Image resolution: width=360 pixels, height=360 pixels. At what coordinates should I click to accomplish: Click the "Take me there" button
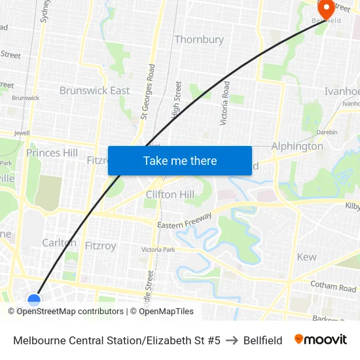tap(180, 160)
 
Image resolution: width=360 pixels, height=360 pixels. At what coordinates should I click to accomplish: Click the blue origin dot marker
tap(34, 300)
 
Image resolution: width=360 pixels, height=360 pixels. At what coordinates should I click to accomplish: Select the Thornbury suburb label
tap(199, 39)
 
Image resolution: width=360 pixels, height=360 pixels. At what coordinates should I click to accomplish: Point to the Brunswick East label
tap(94, 90)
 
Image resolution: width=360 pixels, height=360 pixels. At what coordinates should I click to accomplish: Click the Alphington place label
tap(297, 146)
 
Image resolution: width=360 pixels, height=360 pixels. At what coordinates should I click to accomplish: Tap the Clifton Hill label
tap(170, 194)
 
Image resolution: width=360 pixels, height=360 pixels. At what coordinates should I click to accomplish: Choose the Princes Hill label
tap(52, 153)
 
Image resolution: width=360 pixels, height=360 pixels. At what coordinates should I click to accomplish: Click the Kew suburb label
tap(306, 257)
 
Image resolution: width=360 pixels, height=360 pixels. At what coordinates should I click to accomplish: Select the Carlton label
tap(59, 242)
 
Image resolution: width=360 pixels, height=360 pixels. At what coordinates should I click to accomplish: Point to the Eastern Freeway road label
tap(185, 221)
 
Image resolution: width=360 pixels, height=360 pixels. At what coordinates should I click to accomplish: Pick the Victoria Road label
tap(225, 103)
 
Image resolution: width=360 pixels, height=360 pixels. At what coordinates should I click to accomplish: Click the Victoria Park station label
tap(158, 249)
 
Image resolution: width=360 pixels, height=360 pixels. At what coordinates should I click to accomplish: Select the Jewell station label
tap(22, 132)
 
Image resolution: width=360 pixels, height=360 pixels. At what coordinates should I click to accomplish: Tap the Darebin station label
tap(327, 132)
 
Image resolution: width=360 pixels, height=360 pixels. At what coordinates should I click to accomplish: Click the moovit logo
tap(320, 340)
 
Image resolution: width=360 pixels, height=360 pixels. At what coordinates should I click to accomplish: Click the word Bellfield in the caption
tap(262, 340)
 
